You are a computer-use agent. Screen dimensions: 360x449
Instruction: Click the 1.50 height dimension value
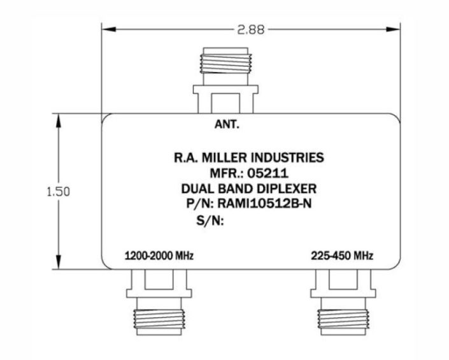tap(58, 191)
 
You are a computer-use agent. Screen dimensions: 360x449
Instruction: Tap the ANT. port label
tap(227, 125)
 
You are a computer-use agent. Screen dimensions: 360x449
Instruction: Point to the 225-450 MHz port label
tap(342, 256)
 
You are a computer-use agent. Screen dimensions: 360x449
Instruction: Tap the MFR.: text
tap(228, 173)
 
